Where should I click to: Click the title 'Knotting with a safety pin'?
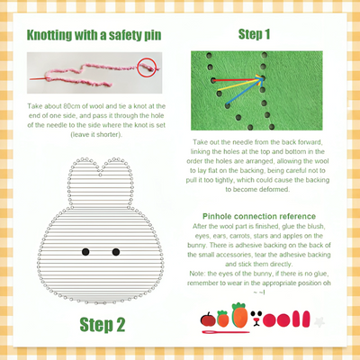tap(94, 36)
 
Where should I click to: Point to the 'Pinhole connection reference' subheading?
tap(261, 216)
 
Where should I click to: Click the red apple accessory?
tap(208, 319)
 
